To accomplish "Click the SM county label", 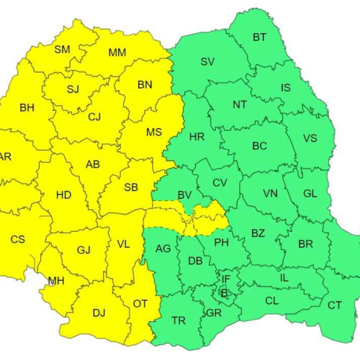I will [63, 50].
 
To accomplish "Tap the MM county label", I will [117, 53].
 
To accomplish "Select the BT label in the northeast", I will [259, 37].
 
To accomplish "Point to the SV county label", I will [207, 62].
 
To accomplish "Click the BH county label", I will [27, 108].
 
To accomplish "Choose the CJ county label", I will [94, 117].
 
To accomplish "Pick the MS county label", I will [154, 132].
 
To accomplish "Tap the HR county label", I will [197, 137].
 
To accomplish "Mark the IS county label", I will [286, 88].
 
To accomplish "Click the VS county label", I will [310, 139].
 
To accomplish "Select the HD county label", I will [63, 195].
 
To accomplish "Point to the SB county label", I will [130, 187].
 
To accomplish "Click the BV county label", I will [184, 194].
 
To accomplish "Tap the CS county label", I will [17, 239].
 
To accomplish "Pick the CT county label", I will [335, 305].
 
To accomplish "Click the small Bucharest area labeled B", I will [224, 293].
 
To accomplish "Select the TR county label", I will [179, 320].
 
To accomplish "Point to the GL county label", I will [310, 194].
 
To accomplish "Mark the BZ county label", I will [258, 233].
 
